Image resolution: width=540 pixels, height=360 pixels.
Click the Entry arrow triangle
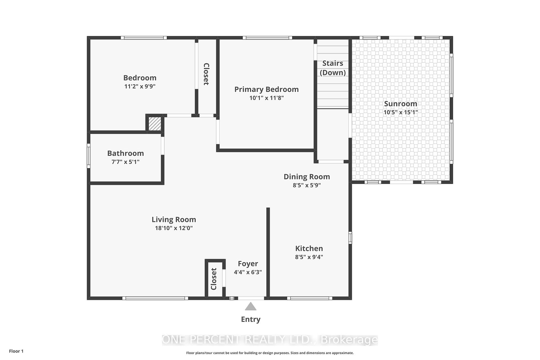point(251,307)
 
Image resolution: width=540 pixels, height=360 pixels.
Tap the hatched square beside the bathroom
point(155,123)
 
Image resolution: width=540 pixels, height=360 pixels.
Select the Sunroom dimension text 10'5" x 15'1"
point(400,112)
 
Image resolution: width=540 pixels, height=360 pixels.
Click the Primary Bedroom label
point(266,89)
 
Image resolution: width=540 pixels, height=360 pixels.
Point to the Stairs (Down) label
point(333,68)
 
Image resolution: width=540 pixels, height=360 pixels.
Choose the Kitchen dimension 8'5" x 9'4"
point(309,257)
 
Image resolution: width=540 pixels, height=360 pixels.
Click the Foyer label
point(248,264)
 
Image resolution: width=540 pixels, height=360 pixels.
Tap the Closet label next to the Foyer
point(214,279)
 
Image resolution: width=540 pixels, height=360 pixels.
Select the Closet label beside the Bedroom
point(206,74)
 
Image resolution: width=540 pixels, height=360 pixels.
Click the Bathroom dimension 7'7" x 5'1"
point(125,162)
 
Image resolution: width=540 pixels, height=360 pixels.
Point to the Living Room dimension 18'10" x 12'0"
point(174,228)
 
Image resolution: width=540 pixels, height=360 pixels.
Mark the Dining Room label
point(307,177)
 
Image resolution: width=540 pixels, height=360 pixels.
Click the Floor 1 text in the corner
point(16,351)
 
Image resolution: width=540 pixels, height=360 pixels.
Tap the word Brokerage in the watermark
point(349,340)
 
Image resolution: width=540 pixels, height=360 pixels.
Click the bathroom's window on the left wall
point(89,156)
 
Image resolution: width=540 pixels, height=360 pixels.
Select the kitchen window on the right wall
point(350,238)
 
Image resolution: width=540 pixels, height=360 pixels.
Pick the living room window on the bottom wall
point(155,298)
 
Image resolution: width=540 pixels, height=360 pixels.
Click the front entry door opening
point(251,298)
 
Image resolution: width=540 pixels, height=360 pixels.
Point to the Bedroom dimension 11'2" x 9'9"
point(140,86)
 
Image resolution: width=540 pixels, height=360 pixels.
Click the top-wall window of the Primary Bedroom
point(267,38)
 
